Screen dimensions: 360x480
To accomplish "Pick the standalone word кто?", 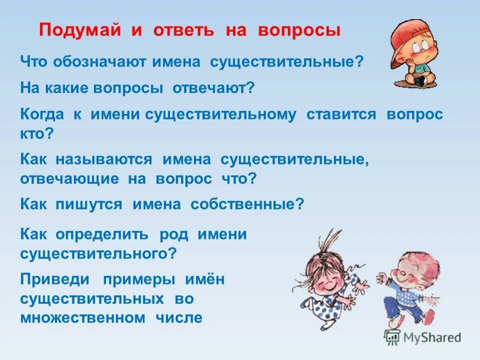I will pyautogui.click(x=36, y=133).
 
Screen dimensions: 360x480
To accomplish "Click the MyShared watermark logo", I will pyautogui.click(x=422, y=337).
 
